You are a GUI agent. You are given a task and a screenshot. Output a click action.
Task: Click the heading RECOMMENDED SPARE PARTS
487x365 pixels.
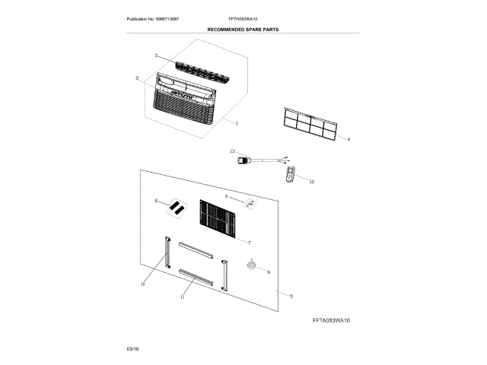point(243,29)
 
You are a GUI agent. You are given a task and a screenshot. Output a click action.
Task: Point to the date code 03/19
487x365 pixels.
point(132,348)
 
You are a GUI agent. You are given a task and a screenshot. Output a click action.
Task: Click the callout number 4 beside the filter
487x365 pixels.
point(349,139)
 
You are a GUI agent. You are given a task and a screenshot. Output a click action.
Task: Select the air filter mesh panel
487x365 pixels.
point(308,122)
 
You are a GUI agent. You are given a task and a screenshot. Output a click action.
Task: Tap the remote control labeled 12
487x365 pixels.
point(290,175)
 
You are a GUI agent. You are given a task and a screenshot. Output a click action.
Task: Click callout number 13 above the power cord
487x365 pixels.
point(233,152)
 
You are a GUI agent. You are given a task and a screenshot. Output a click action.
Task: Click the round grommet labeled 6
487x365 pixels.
point(251,265)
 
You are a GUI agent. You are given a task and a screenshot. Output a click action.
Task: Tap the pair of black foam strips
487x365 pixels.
point(177,206)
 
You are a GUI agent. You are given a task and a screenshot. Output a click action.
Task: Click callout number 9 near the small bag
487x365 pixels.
point(227,196)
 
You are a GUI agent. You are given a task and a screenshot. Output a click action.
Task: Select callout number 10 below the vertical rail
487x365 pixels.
point(142,284)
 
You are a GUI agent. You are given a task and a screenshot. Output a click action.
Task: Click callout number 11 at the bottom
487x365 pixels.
point(183,297)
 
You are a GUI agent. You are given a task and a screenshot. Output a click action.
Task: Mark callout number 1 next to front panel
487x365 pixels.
point(237,122)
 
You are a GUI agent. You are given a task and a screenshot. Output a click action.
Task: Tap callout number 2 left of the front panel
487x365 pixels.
point(137,78)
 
